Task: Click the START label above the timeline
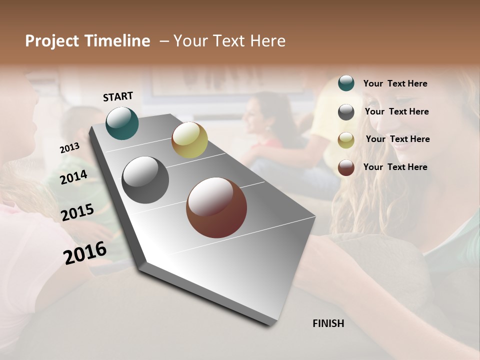[x=118, y=96]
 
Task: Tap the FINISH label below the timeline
[x=328, y=323]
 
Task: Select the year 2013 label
[x=69, y=148]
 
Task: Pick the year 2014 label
[x=73, y=177]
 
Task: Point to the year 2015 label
[x=77, y=212]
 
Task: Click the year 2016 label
[x=85, y=252]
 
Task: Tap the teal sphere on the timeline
[x=122, y=123]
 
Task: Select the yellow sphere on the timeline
[x=189, y=140]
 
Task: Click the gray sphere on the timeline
[x=145, y=179]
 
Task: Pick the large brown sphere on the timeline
[x=216, y=207]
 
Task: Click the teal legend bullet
[x=346, y=83]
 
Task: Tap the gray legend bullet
[x=346, y=112]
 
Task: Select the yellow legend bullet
[x=346, y=140]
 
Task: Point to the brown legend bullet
[x=346, y=167]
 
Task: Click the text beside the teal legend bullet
[x=395, y=83]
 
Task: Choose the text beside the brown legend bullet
[x=395, y=167]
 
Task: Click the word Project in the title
[x=52, y=41]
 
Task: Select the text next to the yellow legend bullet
[x=397, y=139]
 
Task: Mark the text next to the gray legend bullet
[x=396, y=111]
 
